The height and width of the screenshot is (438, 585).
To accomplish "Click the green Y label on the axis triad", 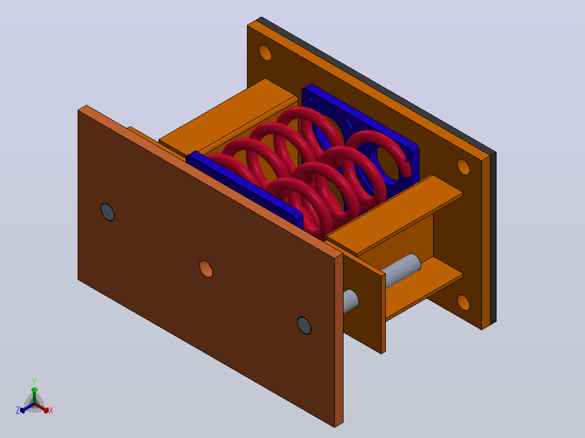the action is pyautogui.click(x=34, y=381).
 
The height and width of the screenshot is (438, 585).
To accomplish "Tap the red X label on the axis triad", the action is pyautogui.click(x=51, y=410).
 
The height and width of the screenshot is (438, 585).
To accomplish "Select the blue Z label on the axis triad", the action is pyautogui.click(x=18, y=410).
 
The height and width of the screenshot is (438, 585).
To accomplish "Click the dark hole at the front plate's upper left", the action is pyautogui.click(x=108, y=212).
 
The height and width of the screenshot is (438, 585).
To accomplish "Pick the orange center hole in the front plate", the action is pyautogui.click(x=206, y=269).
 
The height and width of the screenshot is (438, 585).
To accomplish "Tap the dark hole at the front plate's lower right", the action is pyautogui.click(x=304, y=326).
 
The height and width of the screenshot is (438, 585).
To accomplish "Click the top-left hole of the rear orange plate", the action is pyautogui.click(x=265, y=53).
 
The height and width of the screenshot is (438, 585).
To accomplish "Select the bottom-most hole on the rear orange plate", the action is pyautogui.click(x=463, y=302).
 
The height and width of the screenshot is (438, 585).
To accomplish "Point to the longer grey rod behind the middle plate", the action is pyautogui.click(x=402, y=270).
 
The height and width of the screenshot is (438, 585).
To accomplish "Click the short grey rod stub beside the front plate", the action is pyautogui.click(x=351, y=301).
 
